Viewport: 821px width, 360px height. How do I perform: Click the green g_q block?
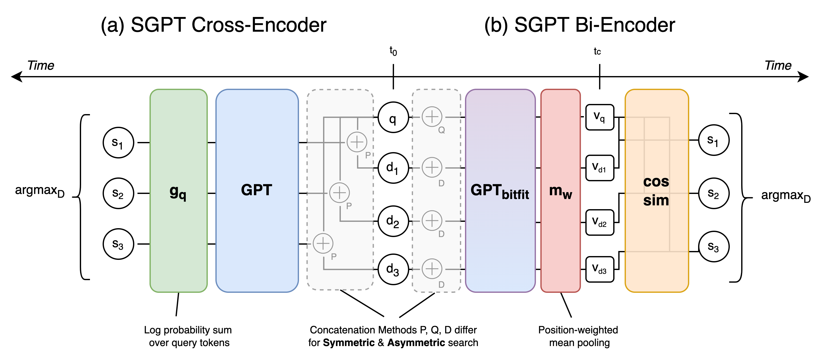pos(178,191)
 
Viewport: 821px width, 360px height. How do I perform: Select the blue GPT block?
pos(257,191)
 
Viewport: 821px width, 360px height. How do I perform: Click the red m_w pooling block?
pos(560,191)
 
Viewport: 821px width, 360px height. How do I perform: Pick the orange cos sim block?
pos(657,191)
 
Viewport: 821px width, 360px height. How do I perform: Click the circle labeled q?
pos(393,117)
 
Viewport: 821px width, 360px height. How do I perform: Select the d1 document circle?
pos(393,168)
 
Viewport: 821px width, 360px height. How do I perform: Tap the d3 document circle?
pos(393,269)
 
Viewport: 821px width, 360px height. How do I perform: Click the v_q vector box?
pos(600,117)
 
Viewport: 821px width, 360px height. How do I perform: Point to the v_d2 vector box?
pos(600,222)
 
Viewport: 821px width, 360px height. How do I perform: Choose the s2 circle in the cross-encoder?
pos(118,193)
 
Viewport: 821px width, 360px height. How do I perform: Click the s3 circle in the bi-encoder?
pos(714,246)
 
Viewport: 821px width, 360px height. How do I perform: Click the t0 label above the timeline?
pos(393,51)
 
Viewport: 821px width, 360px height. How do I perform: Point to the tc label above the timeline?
pos(597,51)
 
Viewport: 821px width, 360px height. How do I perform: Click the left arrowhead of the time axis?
pos(16,77)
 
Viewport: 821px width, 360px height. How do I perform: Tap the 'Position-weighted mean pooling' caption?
pos(578,336)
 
